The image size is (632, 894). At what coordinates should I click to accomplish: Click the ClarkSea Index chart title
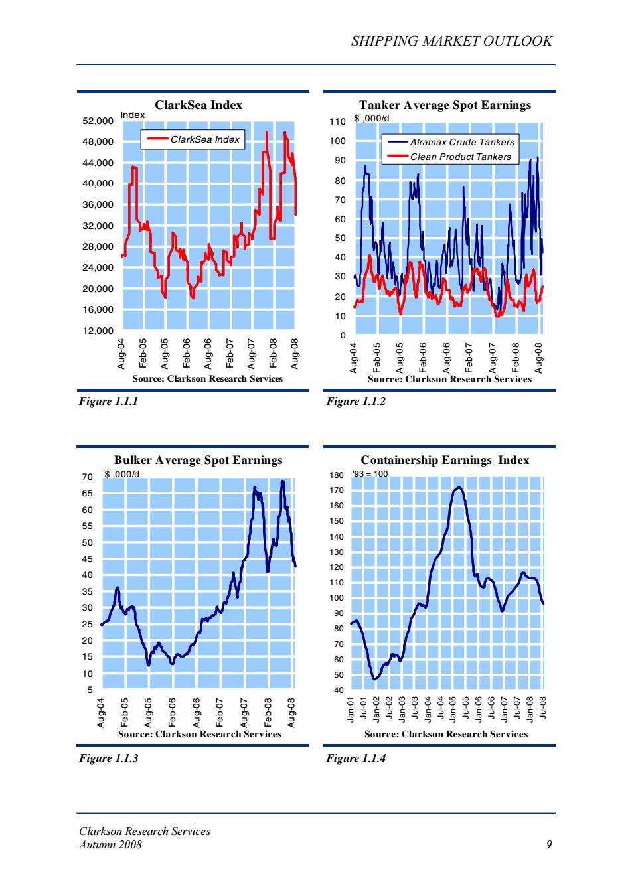[x=198, y=105]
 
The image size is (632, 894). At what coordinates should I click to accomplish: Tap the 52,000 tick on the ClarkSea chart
[x=98, y=121]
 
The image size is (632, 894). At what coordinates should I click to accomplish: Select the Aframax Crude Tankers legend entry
[x=451, y=142]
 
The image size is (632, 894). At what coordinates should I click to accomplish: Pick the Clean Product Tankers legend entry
[x=449, y=157]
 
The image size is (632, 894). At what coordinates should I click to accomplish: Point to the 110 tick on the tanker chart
[x=337, y=121]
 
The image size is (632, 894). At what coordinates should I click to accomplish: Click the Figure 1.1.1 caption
[x=108, y=401]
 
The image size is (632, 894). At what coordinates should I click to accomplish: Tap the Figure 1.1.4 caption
[x=356, y=758]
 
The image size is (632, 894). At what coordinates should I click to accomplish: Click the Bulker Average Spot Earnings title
[x=198, y=460]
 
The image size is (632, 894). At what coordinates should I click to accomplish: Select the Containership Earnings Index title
[x=445, y=460]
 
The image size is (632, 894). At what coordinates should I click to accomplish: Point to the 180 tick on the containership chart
[x=337, y=475]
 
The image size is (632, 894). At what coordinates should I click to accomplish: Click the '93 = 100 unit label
[x=370, y=474]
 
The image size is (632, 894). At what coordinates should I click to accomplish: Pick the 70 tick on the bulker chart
[x=88, y=477]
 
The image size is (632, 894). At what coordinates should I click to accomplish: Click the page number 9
[x=550, y=844]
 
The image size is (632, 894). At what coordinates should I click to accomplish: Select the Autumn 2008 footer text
[x=110, y=844]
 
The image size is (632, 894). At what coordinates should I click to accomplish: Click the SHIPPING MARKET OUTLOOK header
[x=451, y=41]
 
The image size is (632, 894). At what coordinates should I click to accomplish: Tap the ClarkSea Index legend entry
[x=193, y=139]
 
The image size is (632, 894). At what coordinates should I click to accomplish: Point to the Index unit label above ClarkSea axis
[x=133, y=115]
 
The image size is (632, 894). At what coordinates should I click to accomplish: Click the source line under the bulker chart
[x=200, y=734]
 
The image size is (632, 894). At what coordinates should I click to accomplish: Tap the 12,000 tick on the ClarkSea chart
[x=98, y=331]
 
